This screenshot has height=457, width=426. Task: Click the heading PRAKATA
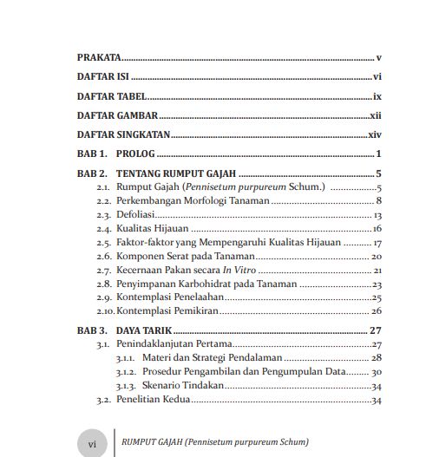99,57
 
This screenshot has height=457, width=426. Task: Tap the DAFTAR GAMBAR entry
116,115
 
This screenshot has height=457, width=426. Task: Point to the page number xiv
376,135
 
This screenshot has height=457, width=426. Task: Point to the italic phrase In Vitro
239,271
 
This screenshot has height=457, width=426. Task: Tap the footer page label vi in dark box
92,441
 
